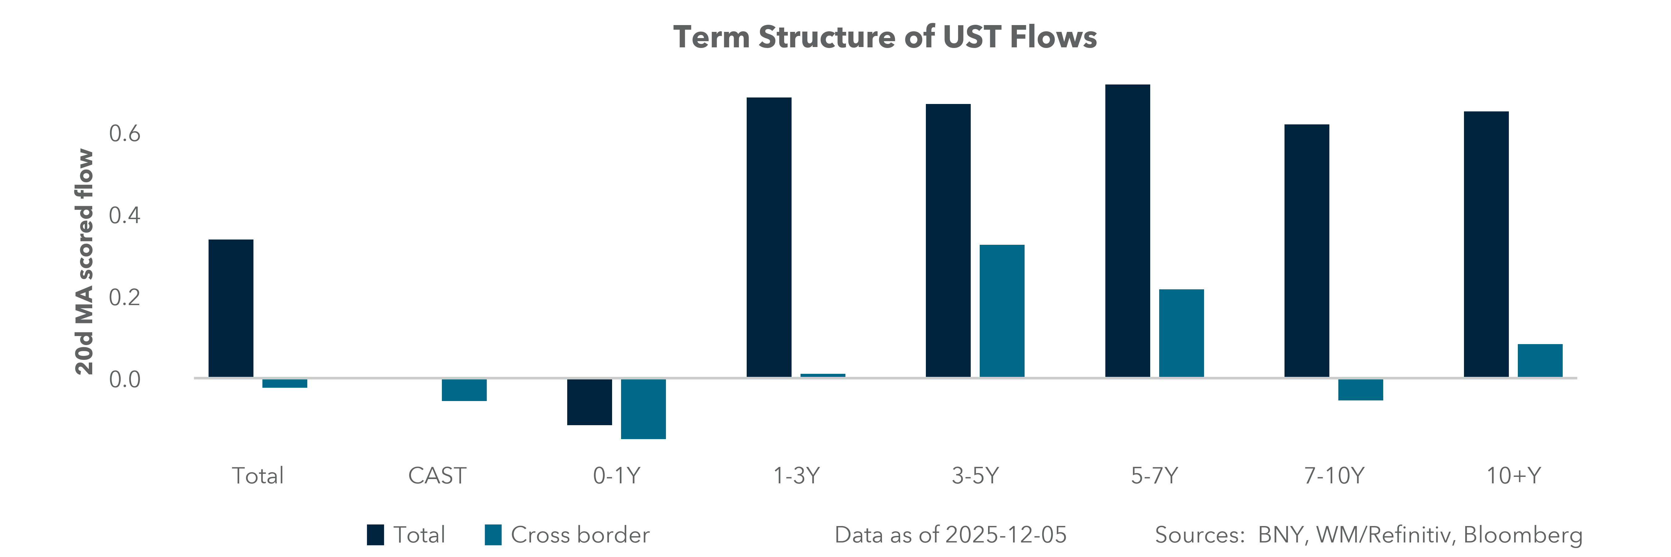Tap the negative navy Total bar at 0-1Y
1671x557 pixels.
tap(589, 402)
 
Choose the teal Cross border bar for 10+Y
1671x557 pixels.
tap(1540, 361)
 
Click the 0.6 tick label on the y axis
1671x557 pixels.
tap(124, 134)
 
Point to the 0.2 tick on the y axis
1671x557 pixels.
tap(124, 298)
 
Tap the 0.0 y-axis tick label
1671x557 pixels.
tap(124, 379)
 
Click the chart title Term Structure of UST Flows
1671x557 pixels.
tap(885, 37)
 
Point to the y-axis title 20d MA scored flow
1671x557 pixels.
tap(84, 261)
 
